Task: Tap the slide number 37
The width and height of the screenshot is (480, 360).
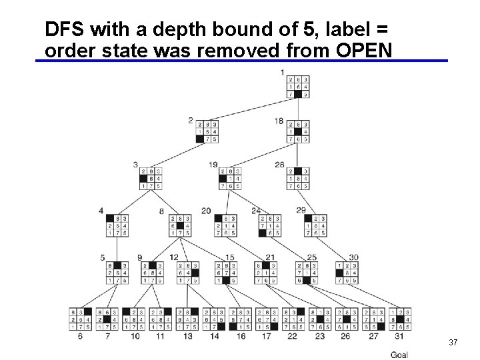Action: (453, 342)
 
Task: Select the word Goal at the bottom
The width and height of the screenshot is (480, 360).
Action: (399, 355)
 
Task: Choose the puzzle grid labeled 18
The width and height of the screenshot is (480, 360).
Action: (298, 131)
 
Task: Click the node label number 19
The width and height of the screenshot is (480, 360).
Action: (213, 165)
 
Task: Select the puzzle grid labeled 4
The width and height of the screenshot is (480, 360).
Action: (117, 225)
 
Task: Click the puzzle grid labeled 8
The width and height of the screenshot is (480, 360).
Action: (180, 225)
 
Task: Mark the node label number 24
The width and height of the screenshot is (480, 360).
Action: (256, 211)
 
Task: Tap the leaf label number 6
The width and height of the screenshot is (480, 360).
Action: (80, 337)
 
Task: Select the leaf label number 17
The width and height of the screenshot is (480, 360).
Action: (267, 337)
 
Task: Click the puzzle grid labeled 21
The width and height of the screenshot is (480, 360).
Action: (267, 272)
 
